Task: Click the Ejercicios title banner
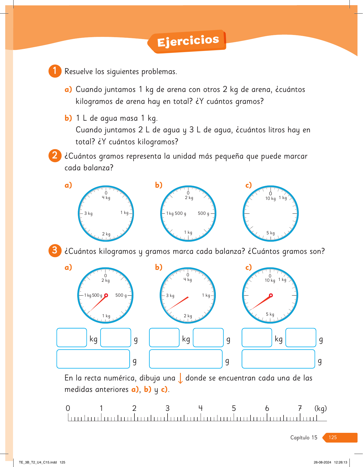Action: [x=187, y=41]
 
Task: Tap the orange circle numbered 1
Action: [x=55, y=71]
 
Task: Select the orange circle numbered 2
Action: [x=55, y=156]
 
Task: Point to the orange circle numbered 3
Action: [x=55, y=251]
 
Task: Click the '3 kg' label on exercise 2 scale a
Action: [x=88, y=213]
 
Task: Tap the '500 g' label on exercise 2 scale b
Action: [x=204, y=213]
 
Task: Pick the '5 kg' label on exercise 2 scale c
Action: [x=271, y=233]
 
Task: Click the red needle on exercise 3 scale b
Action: [x=178, y=304]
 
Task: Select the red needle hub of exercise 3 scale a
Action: [x=106, y=295]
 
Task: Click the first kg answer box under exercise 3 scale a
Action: [x=72, y=337]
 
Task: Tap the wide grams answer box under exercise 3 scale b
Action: [x=186, y=359]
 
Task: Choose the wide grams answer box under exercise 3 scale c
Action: [x=278, y=359]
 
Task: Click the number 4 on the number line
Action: [x=201, y=408]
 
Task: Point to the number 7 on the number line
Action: [x=300, y=408]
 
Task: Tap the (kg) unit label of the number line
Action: [x=320, y=408]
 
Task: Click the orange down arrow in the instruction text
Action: [x=180, y=378]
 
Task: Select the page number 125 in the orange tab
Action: [x=333, y=437]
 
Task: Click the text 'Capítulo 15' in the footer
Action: [x=304, y=437]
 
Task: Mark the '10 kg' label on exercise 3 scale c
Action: [x=270, y=280]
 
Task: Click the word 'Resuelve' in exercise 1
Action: [x=79, y=71]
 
